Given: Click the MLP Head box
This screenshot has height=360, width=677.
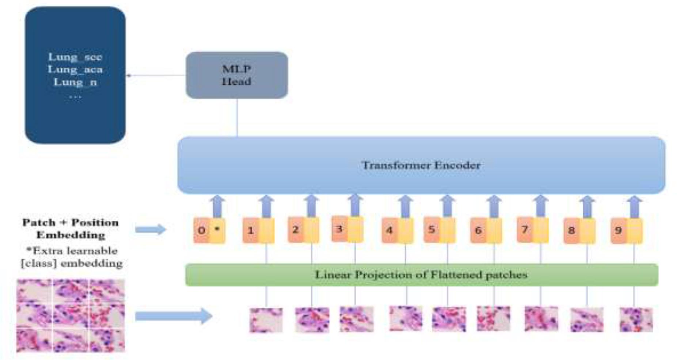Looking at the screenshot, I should [x=237, y=75].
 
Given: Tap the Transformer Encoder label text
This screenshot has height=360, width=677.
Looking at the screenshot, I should [x=421, y=165].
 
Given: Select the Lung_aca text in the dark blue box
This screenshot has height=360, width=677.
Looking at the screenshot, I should [x=75, y=69].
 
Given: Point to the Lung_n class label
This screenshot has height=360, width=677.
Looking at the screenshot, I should [x=75, y=82].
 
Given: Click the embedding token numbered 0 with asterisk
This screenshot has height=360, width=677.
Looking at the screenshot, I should [x=209, y=230].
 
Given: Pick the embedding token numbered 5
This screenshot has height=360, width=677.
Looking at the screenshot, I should [x=440, y=229].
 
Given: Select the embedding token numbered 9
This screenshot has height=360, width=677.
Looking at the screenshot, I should [x=626, y=230].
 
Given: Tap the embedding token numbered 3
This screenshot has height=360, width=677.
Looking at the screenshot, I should [x=347, y=229].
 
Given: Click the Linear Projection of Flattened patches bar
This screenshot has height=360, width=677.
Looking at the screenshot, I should [x=421, y=275].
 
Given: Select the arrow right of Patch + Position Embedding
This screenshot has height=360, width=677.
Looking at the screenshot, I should [x=151, y=229].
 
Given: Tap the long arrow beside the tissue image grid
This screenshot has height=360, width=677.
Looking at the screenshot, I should [x=173, y=316].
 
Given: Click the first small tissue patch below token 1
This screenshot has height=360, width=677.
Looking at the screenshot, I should [x=266, y=320].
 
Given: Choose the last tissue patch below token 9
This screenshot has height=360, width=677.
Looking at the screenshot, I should [x=636, y=320].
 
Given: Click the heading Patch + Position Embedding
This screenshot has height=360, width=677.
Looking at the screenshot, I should [x=71, y=228].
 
